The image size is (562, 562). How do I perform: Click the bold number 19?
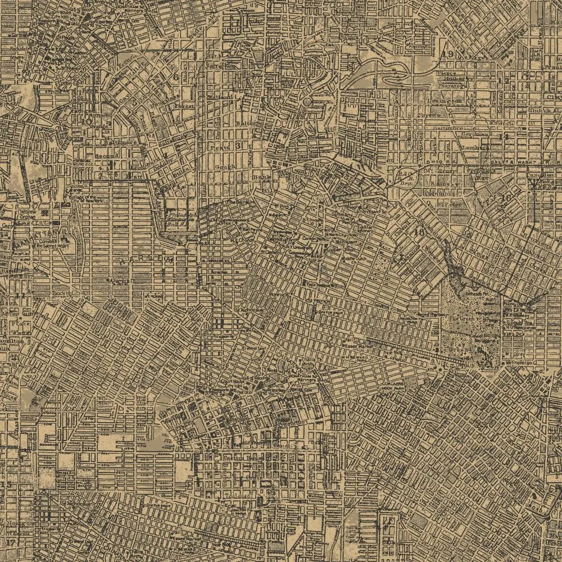tap(448, 54)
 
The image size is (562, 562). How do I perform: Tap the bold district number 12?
tap(506, 81)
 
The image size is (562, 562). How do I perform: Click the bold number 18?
tap(418, 232)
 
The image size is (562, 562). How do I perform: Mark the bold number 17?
tap(10, 542)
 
